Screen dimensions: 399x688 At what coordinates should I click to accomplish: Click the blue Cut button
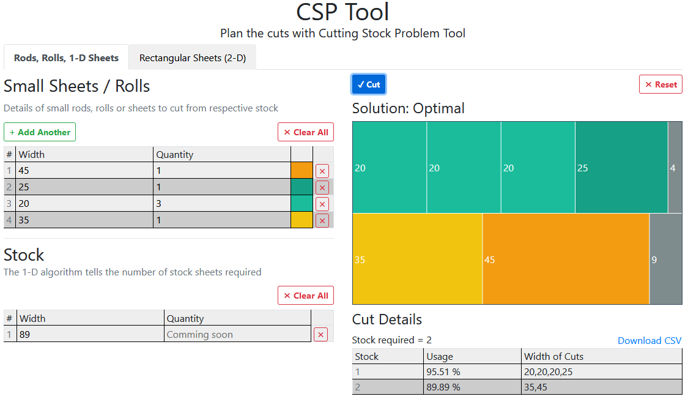368,84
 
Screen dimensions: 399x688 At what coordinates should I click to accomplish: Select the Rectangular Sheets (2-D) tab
193,58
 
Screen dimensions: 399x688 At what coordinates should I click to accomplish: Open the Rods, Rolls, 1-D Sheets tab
66,58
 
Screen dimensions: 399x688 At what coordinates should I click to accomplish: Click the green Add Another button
40,132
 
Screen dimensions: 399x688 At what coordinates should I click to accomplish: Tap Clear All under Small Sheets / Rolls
306,132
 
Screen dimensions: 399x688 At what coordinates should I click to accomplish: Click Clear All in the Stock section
306,296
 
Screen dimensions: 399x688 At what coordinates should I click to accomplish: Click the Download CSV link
649,341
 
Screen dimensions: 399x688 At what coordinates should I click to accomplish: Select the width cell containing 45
84,171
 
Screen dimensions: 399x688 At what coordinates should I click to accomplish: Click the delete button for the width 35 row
322,220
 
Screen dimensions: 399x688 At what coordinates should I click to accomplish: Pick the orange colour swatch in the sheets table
301,171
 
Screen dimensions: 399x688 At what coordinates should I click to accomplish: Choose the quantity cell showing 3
221,204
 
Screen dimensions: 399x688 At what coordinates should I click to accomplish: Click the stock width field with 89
91,334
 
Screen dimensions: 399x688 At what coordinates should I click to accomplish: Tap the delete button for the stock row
320,334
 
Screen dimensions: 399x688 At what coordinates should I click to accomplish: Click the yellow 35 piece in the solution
418,259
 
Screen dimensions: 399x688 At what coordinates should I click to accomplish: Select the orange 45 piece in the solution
566,259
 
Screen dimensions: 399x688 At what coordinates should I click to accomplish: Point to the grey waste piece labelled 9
665,259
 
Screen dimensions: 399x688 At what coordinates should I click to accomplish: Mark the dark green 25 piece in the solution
621,167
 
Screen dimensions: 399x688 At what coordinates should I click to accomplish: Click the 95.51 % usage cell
472,371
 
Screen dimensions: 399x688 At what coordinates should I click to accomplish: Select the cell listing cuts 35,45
601,387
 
